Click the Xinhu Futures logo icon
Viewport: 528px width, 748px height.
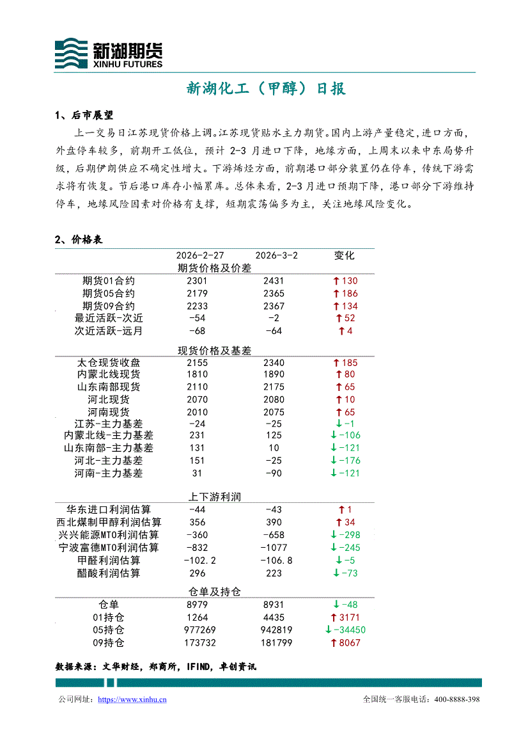point(71,53)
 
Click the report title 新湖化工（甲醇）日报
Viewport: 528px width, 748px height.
point(266,89)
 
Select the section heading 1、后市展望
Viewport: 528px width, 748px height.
point(84,116)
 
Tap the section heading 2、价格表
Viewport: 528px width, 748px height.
point(79,240)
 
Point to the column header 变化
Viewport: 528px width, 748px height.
point(344,255)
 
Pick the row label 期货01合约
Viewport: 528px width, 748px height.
point(109,281)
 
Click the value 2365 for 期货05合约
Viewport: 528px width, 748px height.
point(274,294)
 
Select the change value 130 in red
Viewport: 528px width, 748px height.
point(350,281)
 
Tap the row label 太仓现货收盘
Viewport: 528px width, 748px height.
point(109,363)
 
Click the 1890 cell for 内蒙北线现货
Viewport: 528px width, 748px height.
point(274,374)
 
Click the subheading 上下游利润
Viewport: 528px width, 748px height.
point(214,497)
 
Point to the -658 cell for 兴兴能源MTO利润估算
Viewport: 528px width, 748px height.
point(274,535)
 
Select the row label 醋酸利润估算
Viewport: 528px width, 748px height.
point(109,573)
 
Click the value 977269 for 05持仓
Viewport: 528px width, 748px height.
point(198,630)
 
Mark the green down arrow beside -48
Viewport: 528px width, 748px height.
point(335,605)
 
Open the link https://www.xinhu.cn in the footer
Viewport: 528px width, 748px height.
point(132,700)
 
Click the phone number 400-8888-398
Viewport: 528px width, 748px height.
point(456,700)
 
